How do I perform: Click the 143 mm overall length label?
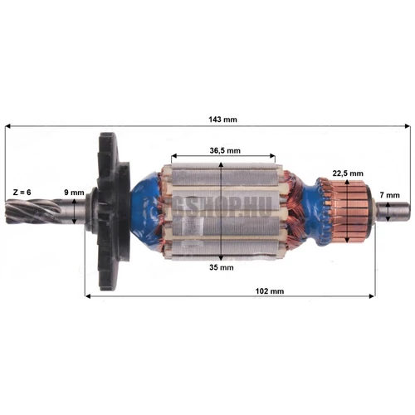[222, 120]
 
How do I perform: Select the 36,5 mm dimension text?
[223, 150]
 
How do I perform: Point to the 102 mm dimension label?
[266, 291]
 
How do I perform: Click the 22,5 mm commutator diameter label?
[346, 173]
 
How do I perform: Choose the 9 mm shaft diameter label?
[75, 193]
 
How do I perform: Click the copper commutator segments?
[349, 209]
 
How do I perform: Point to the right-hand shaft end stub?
[394, 212]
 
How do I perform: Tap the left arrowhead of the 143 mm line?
[9, 127]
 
